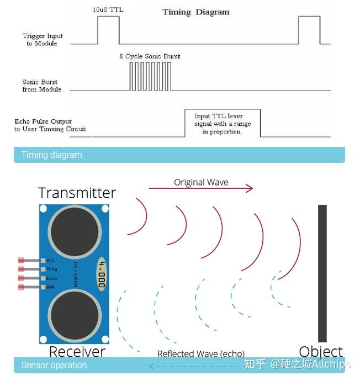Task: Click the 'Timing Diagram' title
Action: click(195, 12)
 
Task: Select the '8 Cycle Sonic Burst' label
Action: click(150, 56)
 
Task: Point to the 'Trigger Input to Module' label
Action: click(43, 40)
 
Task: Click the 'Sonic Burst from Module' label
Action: click(42, 86)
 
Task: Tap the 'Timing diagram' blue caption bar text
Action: click(51, 155)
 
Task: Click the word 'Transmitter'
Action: click(77, 193)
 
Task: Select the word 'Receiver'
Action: click(77, 351)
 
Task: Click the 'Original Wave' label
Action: click(201, 182)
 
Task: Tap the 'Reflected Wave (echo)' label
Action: click(201, 354)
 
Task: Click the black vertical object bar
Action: click(322, 273)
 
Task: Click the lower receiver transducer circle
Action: click(75, 315)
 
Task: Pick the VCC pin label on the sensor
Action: click(51, 260)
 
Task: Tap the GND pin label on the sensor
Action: click(51, 287)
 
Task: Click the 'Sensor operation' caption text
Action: click(54, 366)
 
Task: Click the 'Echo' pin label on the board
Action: click(51, 278)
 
